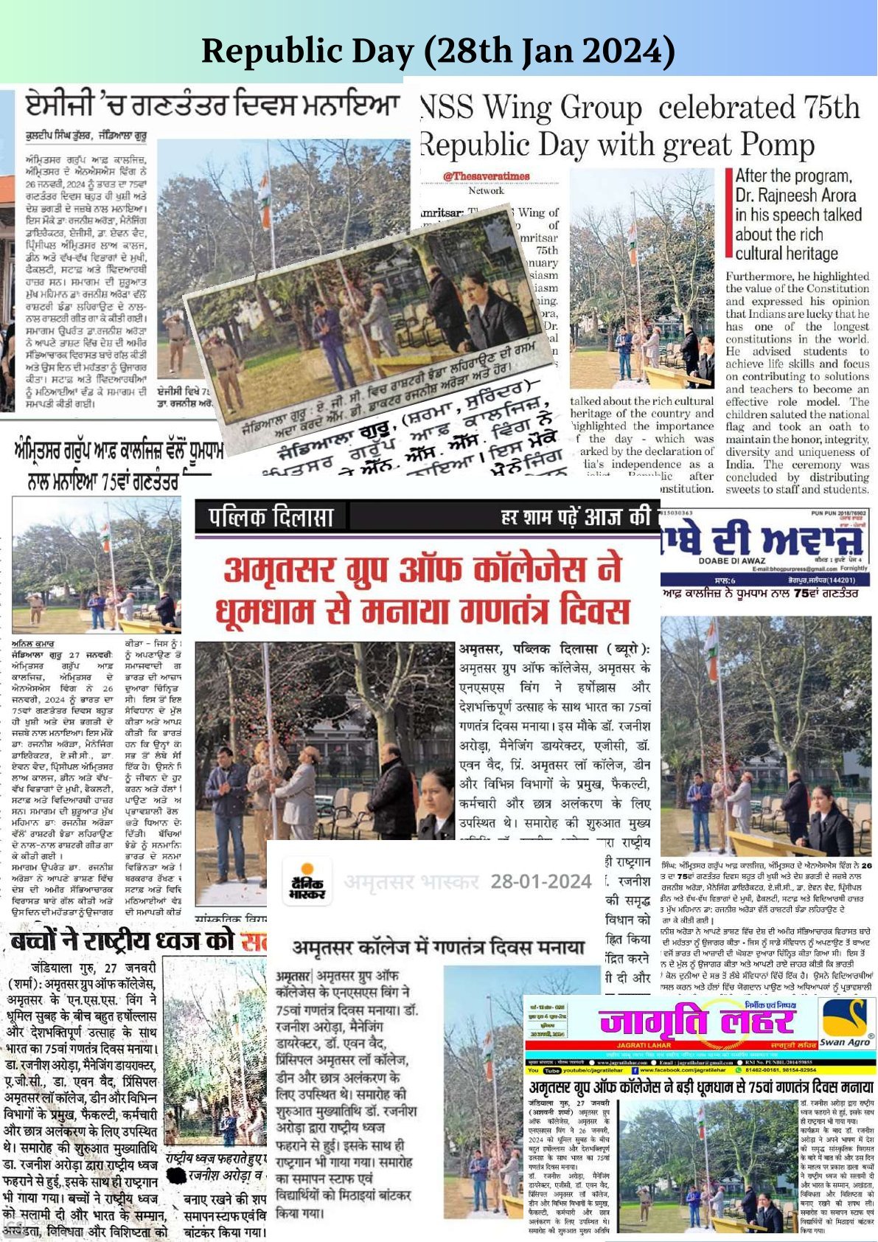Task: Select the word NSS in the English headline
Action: [x=447, y=108]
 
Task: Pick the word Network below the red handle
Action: [x=486, y=190]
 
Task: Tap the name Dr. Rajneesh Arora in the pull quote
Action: [x=795, y=195]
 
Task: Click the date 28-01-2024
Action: [x=541, y=881]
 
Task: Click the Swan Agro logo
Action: [x=847, y=1023]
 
